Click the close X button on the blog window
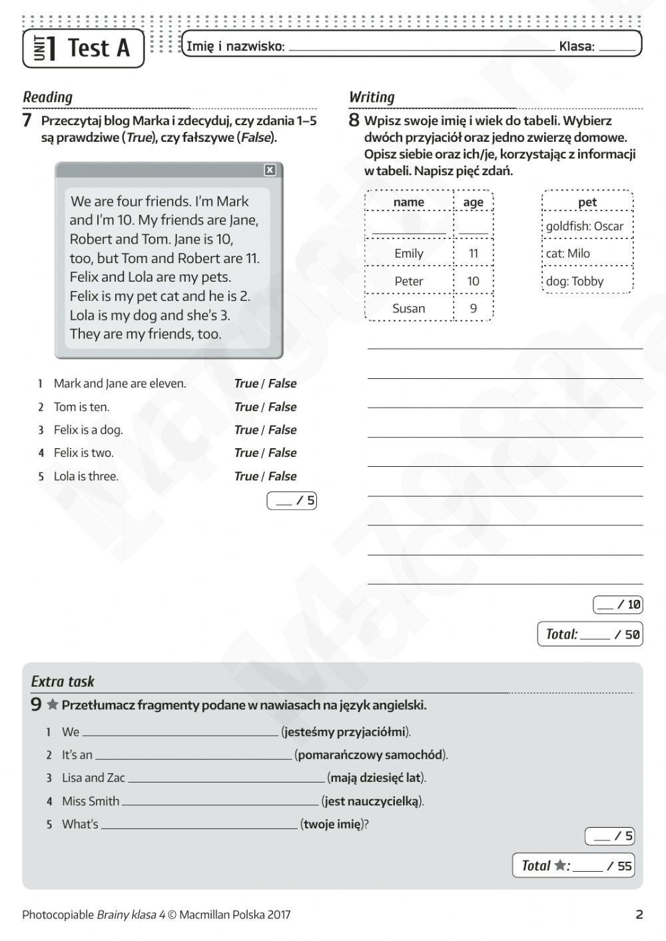[270, 170]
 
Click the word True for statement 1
[246, 384]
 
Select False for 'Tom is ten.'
[282, 407]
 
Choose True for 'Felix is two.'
[246, 453]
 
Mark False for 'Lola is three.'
[282, 476]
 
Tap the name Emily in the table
[408, 253]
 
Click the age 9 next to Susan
[473, 308]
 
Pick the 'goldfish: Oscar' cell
[585, 226]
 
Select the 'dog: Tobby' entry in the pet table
[575, 281]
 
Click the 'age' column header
[473, 202]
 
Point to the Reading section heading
[47, 97]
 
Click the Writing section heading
[372, 97]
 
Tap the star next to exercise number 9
[52, 705]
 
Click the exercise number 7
[27, 121]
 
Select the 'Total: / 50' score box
[591, 634]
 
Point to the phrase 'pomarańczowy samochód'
[370, 755]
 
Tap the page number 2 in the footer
[639, 914]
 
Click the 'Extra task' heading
[63, 681]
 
